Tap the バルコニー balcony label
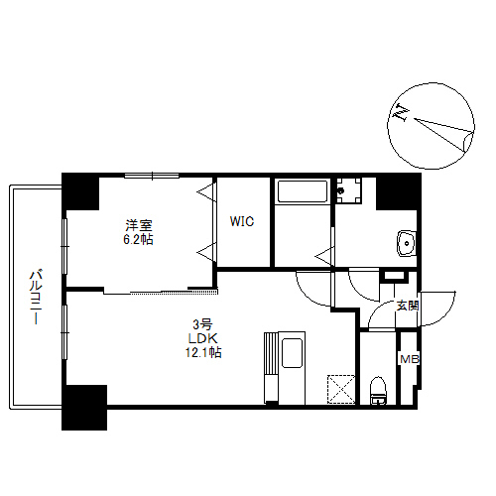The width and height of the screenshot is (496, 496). [x=34, y=297]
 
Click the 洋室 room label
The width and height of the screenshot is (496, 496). [x=137, y=223]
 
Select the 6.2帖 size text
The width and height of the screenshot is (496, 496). [x=137, y=239]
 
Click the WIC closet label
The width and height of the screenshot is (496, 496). [x=243, y=222]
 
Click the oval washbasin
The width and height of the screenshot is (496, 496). [x=404, y=242]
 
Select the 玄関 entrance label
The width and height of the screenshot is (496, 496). [x=407, y=307]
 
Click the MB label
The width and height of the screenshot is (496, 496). [x=408, y=358]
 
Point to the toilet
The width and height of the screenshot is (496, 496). [x=378, y=389]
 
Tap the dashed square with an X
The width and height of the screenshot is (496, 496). [x=343, y=388]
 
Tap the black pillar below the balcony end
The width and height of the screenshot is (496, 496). [x=84, y=407]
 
